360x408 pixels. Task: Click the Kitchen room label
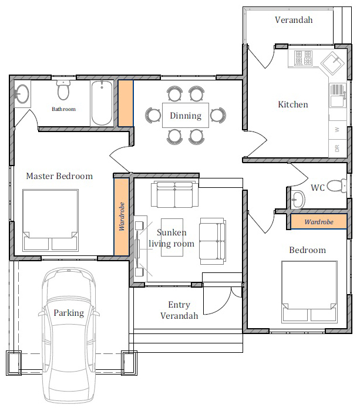click(x=293, y=104)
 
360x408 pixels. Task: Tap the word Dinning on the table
click(x=186, y=116)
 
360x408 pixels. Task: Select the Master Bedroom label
click(x=59, y=176)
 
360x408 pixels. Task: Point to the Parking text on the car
click(x=69, y=313)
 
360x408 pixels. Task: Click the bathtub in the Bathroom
click(x=102, y=103)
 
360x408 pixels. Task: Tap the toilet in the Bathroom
click(x=63, y=90)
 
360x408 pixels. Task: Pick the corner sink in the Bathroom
click(x=22, y=94)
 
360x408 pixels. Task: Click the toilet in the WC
click(x=337, y=186)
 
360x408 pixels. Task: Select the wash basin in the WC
click(x=298, y=200)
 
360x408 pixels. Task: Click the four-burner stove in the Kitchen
click(x=303, y=58)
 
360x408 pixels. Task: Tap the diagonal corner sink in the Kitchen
click(x=332, y=63)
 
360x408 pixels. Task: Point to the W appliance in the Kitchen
click(x=337, y=130)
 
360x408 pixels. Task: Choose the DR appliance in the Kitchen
click(x=337, y=149)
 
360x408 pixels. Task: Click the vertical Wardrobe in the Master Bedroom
click(x=122, y=217)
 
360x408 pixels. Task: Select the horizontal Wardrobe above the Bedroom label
click(x=319, y=221)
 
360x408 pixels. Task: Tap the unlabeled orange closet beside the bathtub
click(x=126, y=103)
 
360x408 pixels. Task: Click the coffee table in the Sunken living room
click(x=172, y=237)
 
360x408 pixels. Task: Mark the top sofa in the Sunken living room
click(x=175, y=194)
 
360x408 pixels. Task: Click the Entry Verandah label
click(x=179, y=310)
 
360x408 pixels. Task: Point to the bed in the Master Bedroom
click(x=51, y=220)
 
